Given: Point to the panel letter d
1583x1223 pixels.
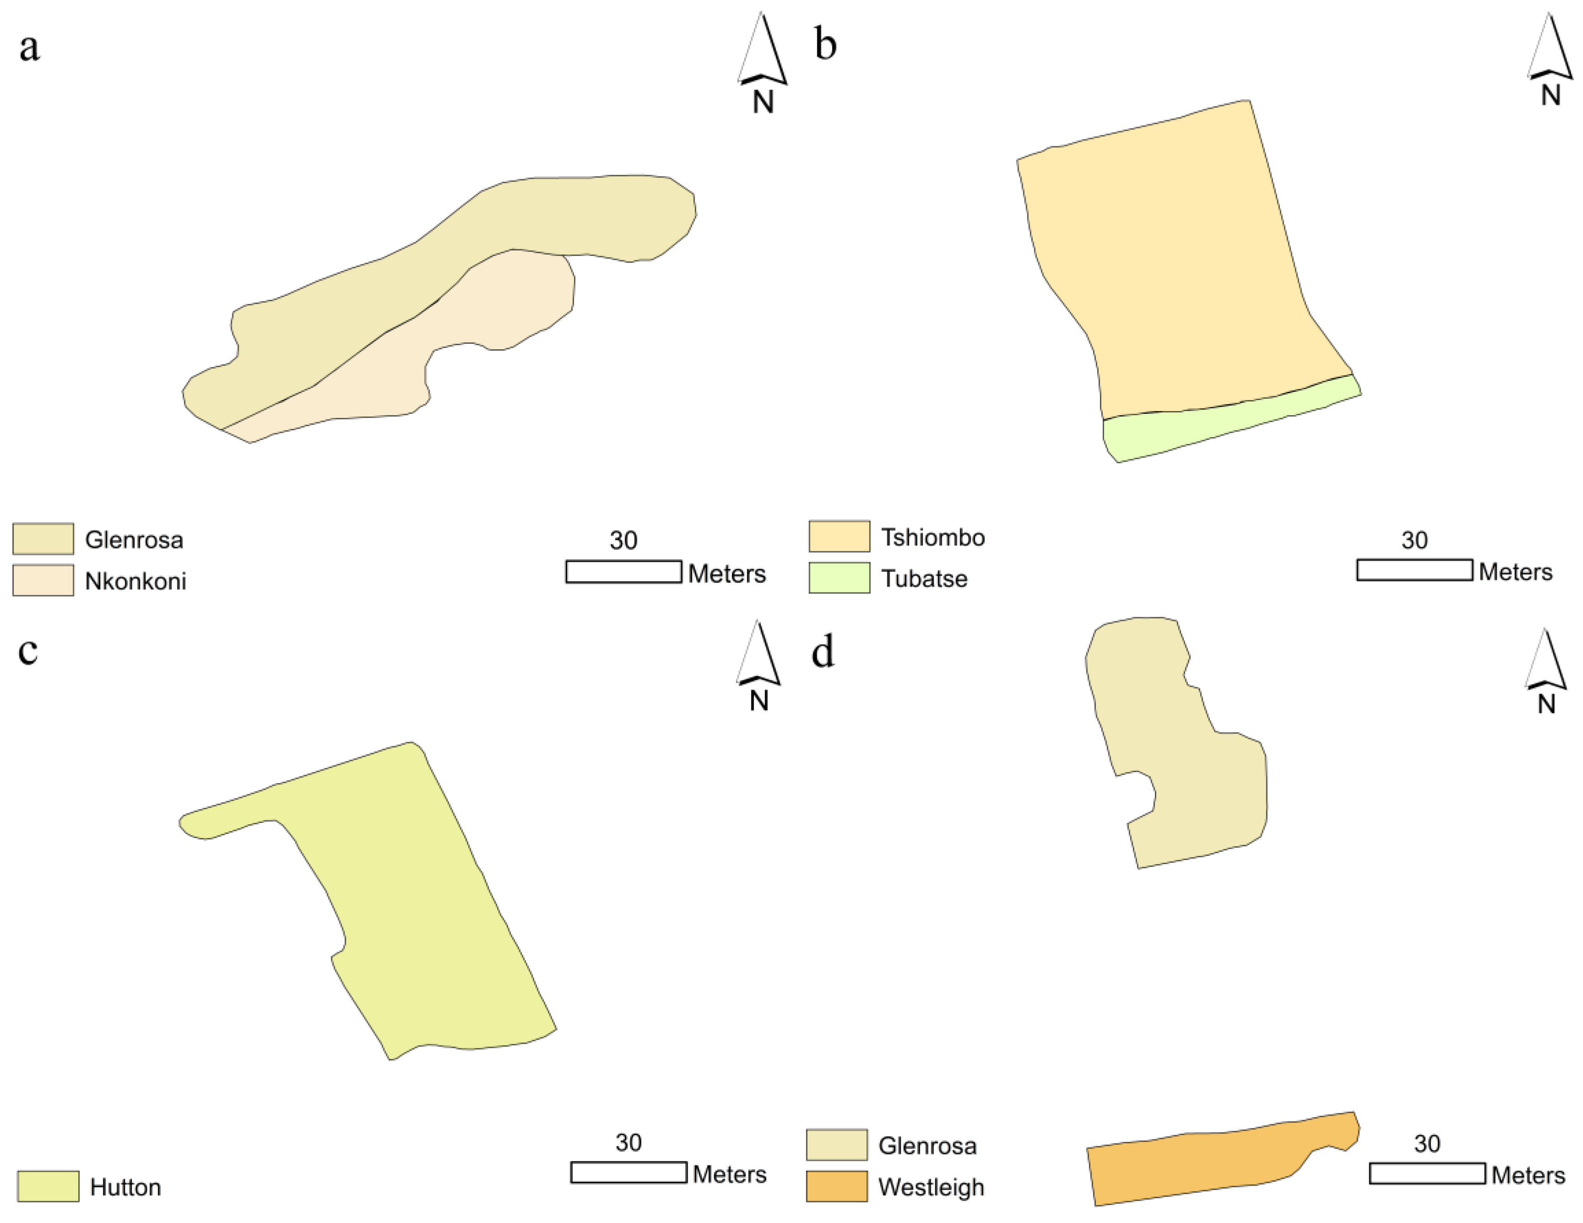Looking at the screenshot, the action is (x=823, y=652).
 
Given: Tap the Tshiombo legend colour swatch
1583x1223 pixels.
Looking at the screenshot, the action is (x=839, y=537).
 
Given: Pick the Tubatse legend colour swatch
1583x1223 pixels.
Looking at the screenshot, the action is (x=839, y=578).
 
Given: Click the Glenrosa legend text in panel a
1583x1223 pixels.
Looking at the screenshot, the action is (x=134, y=540).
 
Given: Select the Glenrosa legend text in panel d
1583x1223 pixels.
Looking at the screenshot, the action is (x=927, y=1145).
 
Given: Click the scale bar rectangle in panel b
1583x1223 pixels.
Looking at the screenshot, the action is (x=1414, y=570).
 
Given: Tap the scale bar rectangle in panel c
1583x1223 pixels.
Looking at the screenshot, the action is (x=628, y=1172).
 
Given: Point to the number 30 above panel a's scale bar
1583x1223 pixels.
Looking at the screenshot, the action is (x=623, y=540).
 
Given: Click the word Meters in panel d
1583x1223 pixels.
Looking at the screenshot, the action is (x=1528, y=1175).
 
